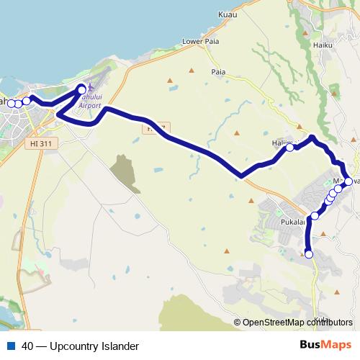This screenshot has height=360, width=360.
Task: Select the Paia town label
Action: [219, 73]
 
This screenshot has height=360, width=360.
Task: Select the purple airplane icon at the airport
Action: [86, 95]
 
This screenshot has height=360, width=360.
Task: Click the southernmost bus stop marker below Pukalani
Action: [309, 253]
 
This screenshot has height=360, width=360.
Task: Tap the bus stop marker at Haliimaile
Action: [289, 148]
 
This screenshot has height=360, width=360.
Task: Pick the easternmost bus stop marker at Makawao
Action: [348, 181]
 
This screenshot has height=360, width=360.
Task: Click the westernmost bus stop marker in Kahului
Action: [11, 103]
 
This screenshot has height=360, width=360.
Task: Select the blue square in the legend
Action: [10, 346]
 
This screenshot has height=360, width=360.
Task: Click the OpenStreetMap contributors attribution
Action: [297, 322]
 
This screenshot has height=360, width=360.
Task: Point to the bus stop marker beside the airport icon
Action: [81, 90]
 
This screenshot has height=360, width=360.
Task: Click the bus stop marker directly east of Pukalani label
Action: [315, 215]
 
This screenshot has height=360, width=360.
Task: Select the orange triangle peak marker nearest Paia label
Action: [192, 71]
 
